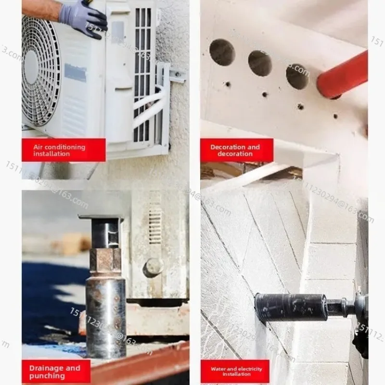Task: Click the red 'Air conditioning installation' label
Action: pyautogui.click(x=64, y=150)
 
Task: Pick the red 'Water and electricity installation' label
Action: pyautogui.click(x=237, y=372)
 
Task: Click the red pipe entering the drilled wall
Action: pyautogui.click(x=343, y=75)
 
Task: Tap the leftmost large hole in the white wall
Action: pyautogui.click(x=222, y=52)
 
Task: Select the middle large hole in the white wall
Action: pyautogui.click(x=260, y=63)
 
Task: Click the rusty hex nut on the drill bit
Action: pyautogui.click(x=105, y=260)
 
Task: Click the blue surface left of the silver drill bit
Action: pyautogui.click(x=48, y=298)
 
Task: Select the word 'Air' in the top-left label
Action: pyautogui.click(x=38, y=147)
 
